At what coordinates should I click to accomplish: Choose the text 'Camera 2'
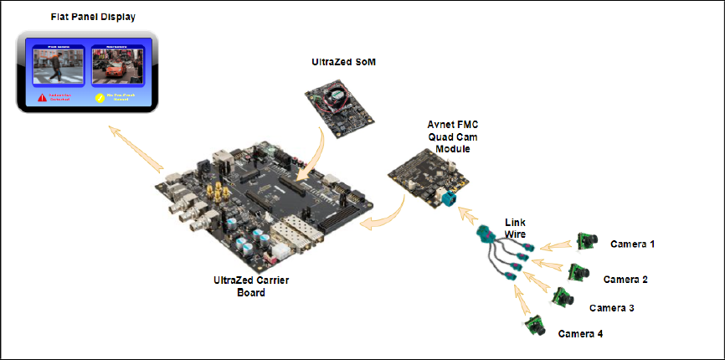(x=626, y=279)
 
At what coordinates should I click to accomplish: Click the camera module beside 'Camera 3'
(x=562, y=297)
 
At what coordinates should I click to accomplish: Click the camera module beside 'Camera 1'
(x=587, y=239)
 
